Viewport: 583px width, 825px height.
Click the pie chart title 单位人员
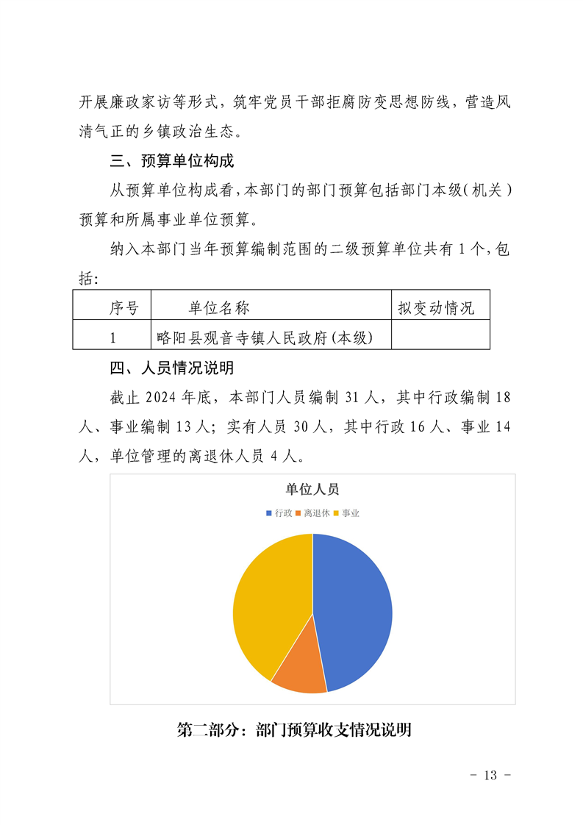(x=312, y=490)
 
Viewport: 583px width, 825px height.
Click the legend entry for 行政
(x=279, y=512)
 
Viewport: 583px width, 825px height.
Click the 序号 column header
(x=124, y=308)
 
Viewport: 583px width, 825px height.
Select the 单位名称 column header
(x=218, y=308)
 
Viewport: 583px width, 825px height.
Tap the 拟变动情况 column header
(x=436, y=308)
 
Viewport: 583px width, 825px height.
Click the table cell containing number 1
(x=112, y=337)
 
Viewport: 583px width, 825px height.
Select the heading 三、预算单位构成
(x=171, y=160)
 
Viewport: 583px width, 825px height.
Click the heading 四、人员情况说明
(x=171, y=368)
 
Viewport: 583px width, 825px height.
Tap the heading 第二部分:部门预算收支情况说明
(x=294, y=730)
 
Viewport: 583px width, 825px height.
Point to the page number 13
(x=490, y=776)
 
